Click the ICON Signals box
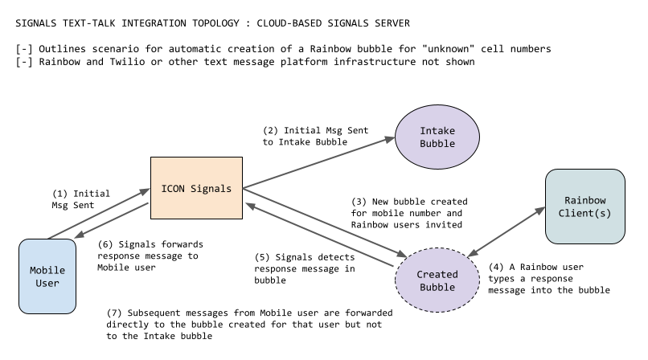click(x=197, y=189)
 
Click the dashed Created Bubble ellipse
click(x=437, y=280)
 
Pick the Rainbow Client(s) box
click(x=584, y=207)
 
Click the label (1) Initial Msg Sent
click(x=80, y=199)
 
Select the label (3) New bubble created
click(x=409, y=213)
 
